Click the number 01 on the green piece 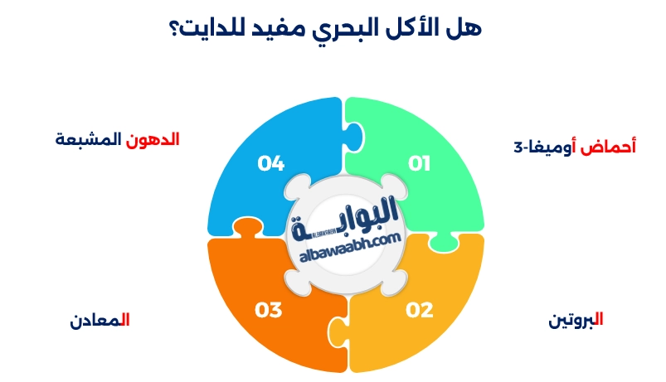[420, 163]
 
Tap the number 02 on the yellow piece [420, 311]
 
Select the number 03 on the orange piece [269, 311]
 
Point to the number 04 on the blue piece [270, 163]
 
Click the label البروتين [576, 320]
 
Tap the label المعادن [100, 320]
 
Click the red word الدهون [153, 139]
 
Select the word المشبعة [88, 139]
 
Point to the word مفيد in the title [285, 28]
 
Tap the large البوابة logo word [345, 219]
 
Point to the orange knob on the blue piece [243, 228]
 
